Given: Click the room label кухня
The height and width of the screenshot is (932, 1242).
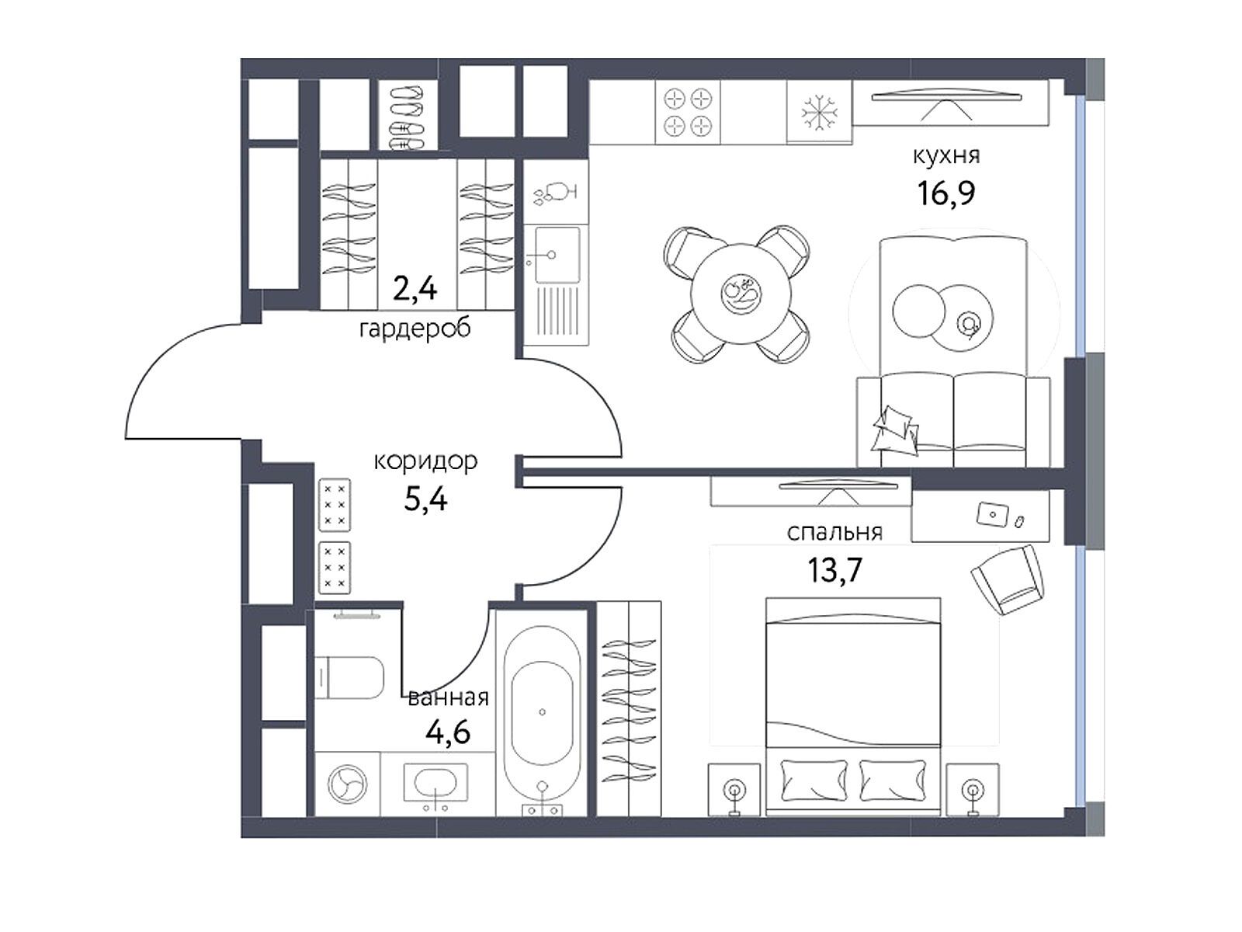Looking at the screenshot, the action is (945, 155).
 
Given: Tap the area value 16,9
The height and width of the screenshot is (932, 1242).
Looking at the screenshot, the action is (945, 193).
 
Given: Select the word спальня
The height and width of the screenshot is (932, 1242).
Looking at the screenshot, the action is (834, 533).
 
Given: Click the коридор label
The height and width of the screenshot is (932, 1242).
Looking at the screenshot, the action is (425, 461).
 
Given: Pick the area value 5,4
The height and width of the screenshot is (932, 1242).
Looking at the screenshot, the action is (425, 499).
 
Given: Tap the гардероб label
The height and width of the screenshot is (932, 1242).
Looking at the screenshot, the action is (415, 329).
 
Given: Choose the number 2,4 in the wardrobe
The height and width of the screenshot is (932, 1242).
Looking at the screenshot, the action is (415, 289).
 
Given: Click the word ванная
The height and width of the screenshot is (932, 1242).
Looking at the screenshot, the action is (448, 698).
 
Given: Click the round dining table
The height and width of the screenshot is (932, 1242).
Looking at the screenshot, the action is (740, 293).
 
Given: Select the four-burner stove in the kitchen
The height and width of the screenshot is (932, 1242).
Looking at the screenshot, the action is (688, 112).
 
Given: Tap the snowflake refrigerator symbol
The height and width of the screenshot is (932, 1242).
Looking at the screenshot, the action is (819, 112).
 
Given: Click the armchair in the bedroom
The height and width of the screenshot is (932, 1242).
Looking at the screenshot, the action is (1008, 579).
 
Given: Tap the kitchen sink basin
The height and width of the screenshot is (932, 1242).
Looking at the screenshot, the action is (557, 255).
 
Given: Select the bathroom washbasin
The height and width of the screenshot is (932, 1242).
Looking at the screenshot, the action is (435, 783).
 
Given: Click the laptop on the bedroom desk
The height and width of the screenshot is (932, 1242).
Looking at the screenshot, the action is (993, 514).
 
